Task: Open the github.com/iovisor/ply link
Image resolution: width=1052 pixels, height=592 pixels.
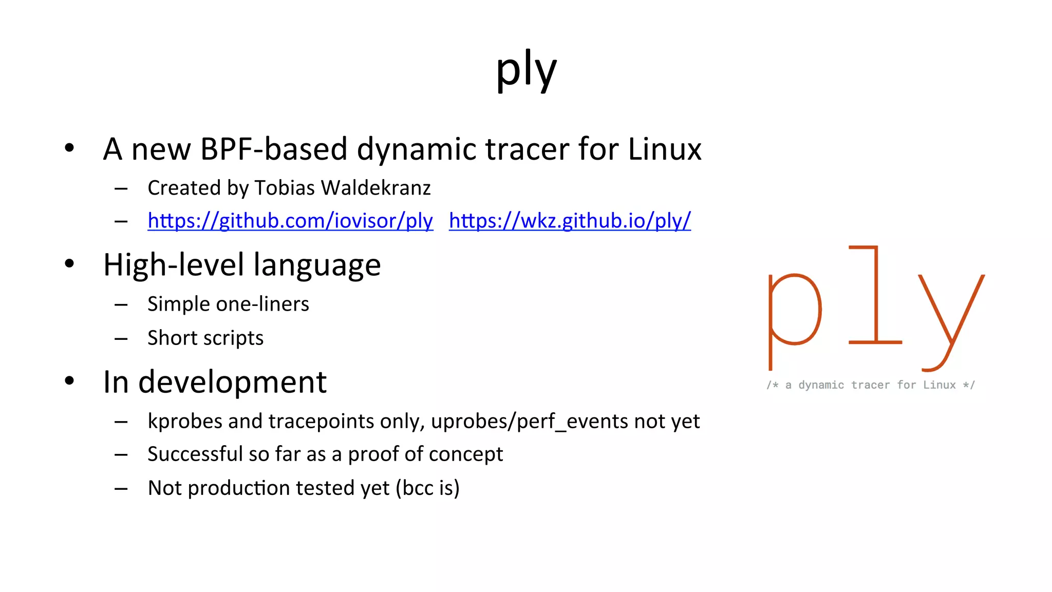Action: (x=290, y=221)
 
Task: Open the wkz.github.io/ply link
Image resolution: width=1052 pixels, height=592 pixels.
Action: (x=570, y=221)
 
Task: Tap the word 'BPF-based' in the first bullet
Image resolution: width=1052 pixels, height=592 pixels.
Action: (x=274, y=149)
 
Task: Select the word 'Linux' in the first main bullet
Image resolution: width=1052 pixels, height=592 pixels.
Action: (x=664, y=149)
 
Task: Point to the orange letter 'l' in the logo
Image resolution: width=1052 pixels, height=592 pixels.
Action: (x=875, y=298)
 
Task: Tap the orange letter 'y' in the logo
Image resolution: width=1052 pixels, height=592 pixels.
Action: (x=950, y=318)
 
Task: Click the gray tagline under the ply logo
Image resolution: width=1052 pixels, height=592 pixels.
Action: (x=870, y=385)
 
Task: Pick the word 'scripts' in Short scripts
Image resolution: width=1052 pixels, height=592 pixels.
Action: (x=237, y=338)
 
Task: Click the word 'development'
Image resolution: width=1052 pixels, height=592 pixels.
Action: (x=232, y=383)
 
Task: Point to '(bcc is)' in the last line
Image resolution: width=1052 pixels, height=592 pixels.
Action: (x=427, y=488)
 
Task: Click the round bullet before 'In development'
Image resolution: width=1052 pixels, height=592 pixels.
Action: (x=69, y=381)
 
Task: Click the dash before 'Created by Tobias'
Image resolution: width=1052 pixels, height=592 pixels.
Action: (x=121, y=189)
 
